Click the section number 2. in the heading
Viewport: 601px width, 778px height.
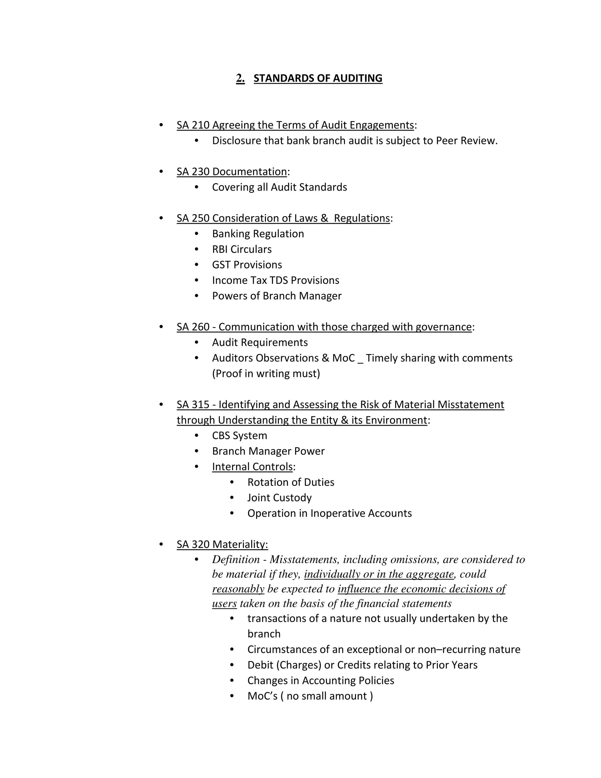coord(240,78)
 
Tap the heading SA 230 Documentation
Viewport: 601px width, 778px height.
coord(232,172)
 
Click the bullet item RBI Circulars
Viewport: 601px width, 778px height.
coord(242,249)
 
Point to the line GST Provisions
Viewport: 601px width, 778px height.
coord(247,265)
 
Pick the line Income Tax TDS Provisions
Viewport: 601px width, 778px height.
coord(276,280)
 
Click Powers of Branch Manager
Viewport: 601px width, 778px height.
coord(277,296)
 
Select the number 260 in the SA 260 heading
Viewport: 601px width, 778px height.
coord(200,327)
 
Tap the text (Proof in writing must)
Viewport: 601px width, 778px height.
coord(266,374)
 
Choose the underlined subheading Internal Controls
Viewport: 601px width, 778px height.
coord(252,467)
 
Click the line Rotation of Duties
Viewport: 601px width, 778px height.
coord(291,482)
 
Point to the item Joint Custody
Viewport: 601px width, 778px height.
coord(279,498)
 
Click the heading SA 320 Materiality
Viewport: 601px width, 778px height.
coord(222,544)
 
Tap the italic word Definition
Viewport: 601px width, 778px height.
coord(236,560)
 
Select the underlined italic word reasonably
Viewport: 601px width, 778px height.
coord(238,589)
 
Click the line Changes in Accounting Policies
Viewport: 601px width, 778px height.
coord(320,681)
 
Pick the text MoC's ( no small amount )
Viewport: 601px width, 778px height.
coord(310,696)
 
